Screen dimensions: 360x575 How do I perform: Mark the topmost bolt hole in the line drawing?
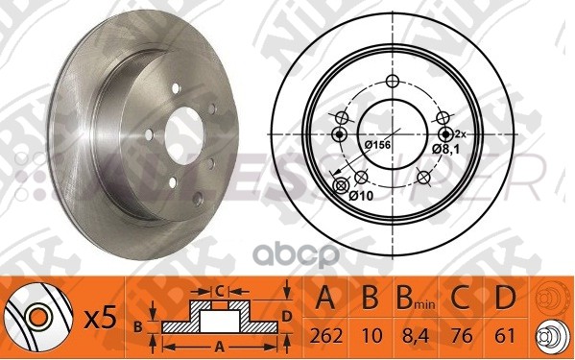390,81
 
